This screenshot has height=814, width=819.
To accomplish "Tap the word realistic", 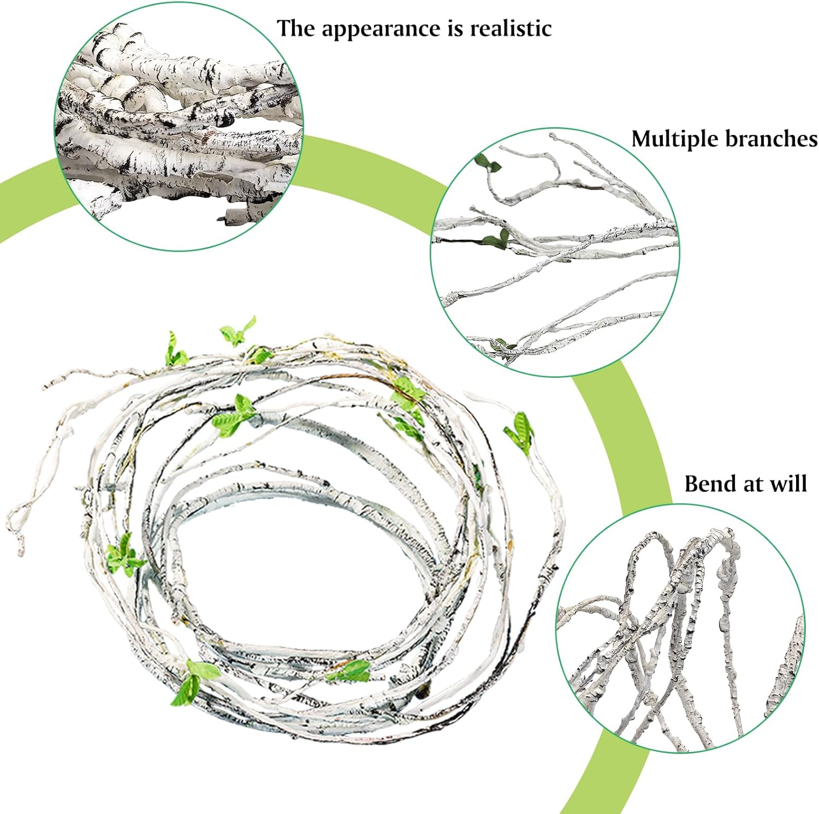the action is (x=511, y=28).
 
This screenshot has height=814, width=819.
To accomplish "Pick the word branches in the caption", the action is (x=771, y=139).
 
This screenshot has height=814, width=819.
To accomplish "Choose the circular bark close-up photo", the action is (x=180, y=129).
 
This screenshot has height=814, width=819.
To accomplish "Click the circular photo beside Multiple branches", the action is (x=554, y=252).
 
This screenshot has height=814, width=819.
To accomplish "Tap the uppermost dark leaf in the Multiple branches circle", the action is (x=487, y=163).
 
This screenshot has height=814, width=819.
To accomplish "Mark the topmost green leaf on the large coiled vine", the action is (x=237, y=331).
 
